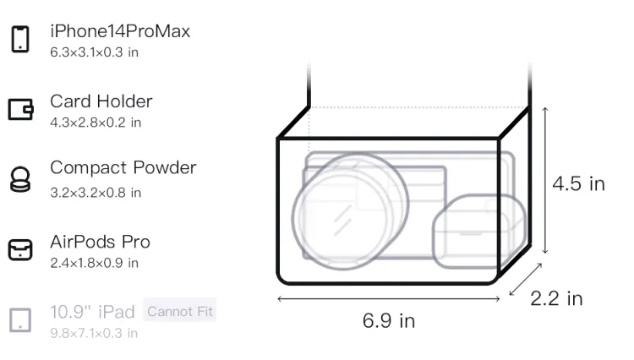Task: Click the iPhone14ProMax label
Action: tap(120, 31)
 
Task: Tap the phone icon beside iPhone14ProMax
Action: tap(20, 39)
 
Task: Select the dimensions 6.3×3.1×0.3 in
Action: tap(94, 52)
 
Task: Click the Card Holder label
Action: tap(101, 101)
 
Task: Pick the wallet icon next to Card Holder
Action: tap(20, 109)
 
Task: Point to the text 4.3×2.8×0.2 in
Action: tap(96, 123)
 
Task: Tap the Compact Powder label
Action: tap(123, 167)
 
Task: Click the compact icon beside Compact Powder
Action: tap(19, 179)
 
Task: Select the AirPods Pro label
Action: tap(100, 242)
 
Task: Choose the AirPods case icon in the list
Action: tap(20, 249)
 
